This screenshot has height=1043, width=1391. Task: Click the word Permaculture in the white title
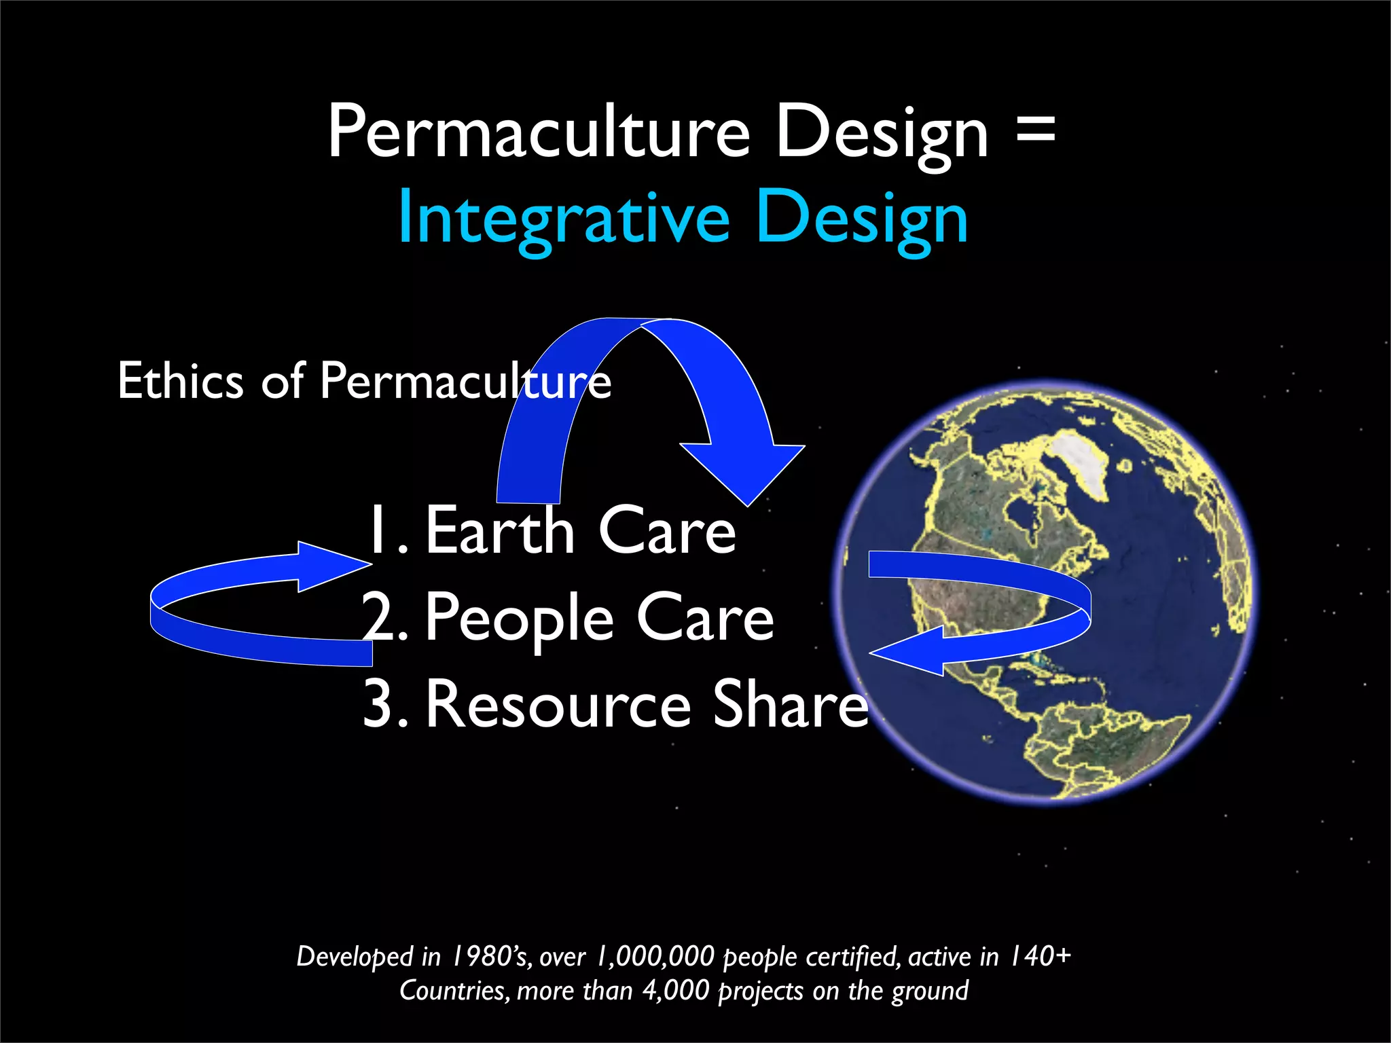point(539,132)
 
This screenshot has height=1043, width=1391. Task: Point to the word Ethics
point(180,381)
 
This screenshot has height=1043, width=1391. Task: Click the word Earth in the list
point(500,531)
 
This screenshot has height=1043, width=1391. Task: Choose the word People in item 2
point(520,617)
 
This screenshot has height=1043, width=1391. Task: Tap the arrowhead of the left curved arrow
point(333,566)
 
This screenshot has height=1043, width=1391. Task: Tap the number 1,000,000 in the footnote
point(655,956)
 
